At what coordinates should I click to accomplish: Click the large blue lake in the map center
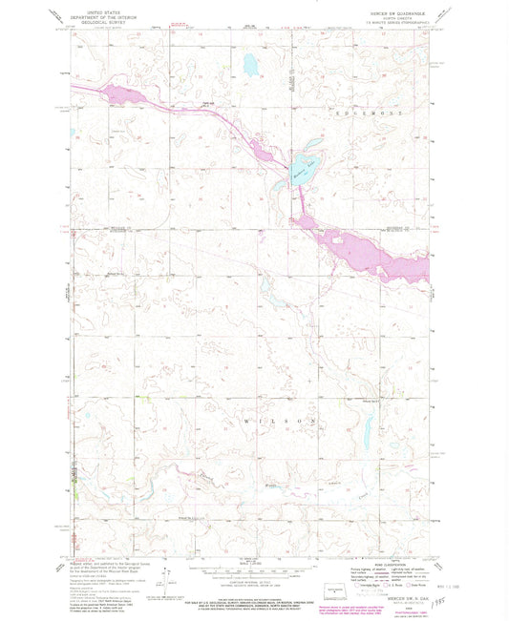(305, 171)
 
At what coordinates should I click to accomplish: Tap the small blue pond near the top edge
(247, 65)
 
